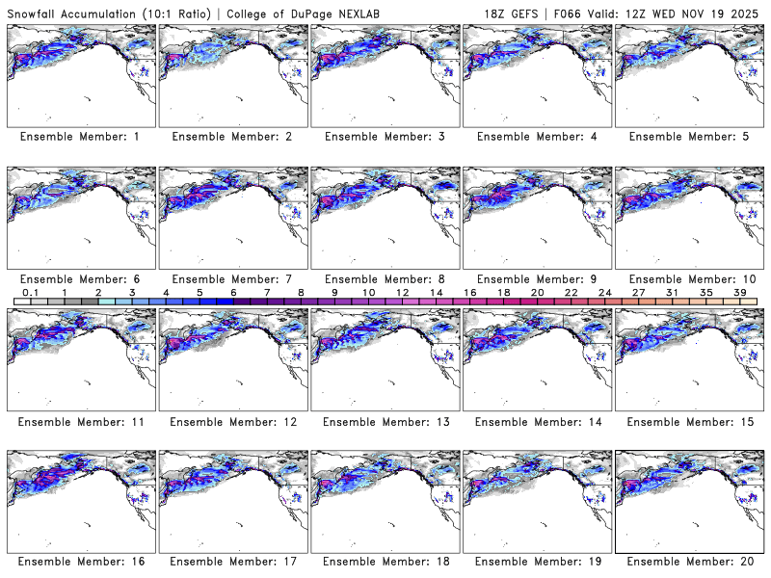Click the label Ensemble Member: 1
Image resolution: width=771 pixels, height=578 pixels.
coord(80,137)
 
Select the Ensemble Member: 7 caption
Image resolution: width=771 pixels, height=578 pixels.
coord(232,279)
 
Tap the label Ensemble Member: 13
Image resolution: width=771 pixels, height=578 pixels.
coord(384,422)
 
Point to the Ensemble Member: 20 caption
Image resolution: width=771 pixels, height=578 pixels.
coord(688,562)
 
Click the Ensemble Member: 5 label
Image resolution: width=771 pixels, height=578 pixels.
coord(688,137)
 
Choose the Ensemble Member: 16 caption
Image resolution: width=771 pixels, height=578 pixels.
coord(80,562)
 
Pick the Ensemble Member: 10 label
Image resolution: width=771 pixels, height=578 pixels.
coord(688,279)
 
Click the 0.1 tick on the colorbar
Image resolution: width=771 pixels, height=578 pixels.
coord(30,292)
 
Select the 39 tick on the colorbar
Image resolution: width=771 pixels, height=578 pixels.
coord(740,292)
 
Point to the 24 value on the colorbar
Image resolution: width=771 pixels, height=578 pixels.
coord(604,292)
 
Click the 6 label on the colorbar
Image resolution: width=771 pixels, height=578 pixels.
coord(233,292)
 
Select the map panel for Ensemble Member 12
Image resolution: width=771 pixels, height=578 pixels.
coord(232,359)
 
